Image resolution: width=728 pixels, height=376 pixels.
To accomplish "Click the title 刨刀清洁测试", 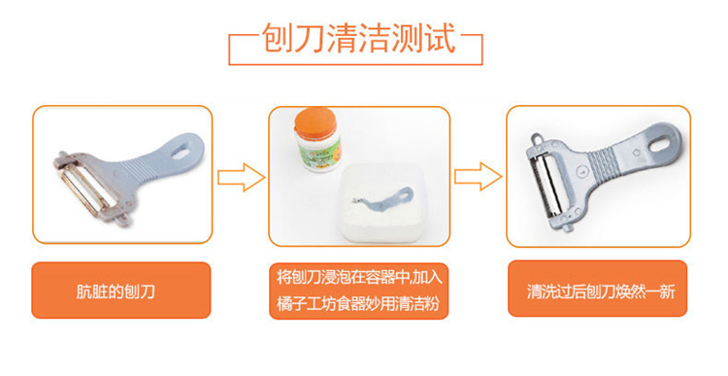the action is [358, 38].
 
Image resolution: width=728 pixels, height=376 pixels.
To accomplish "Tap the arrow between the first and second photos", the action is [241, 177].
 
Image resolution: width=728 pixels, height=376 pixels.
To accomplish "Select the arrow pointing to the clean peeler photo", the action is [478, 176].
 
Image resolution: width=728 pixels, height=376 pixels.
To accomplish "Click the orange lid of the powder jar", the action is [315, 120].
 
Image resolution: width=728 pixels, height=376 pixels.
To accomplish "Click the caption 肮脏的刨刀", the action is [116, 291].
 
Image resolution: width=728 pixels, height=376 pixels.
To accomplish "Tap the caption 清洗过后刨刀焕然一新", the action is [601, 291].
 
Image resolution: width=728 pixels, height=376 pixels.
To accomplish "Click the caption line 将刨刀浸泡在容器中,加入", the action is [359, 277].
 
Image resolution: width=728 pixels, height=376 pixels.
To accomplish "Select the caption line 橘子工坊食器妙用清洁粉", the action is [358, 304].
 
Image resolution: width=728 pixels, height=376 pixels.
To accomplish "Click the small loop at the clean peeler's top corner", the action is [538, 139].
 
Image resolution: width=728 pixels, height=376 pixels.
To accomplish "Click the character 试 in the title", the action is [440, 38].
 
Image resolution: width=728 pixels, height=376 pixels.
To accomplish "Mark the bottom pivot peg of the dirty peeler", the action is [122, 220].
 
